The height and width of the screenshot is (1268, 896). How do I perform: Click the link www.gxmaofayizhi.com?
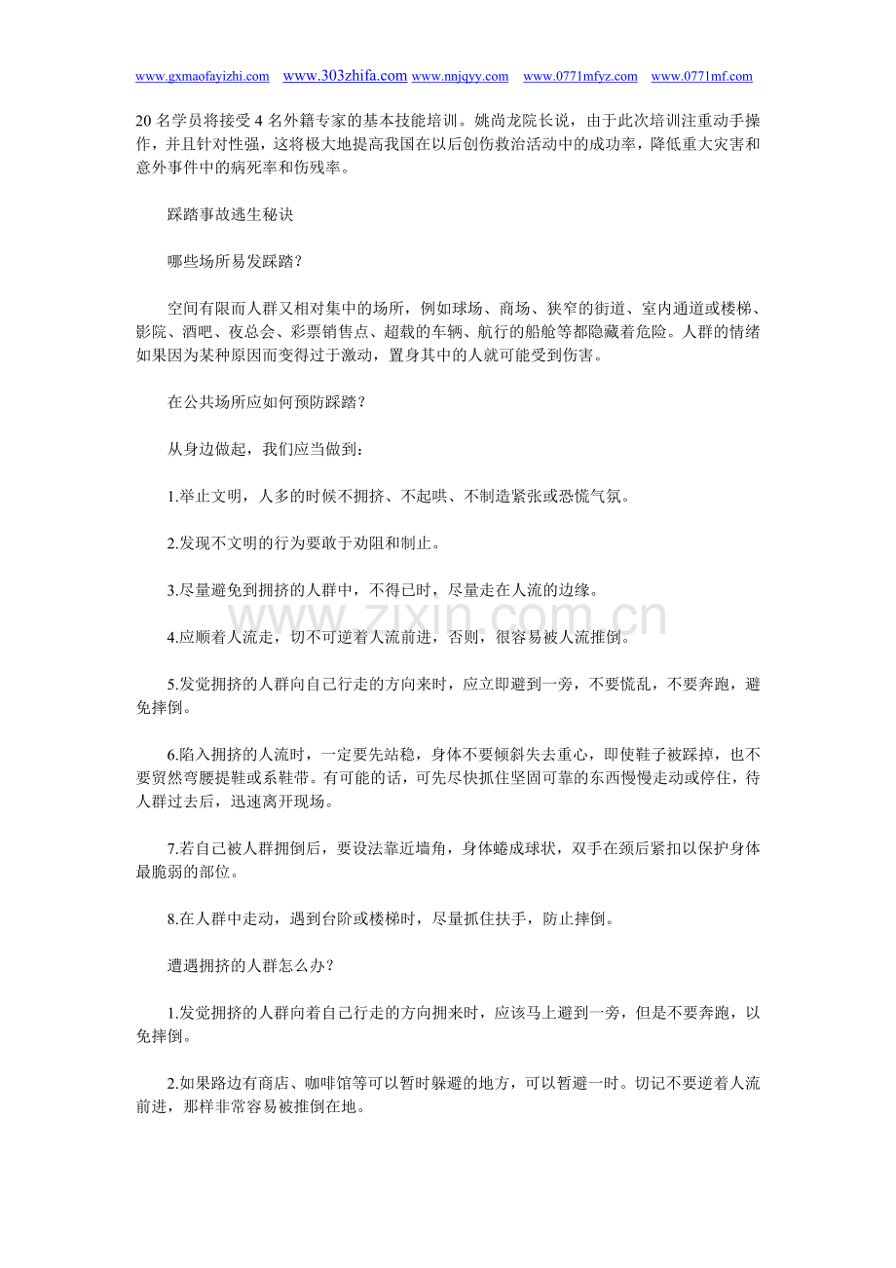202,77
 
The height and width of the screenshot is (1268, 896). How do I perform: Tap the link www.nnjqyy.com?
460,77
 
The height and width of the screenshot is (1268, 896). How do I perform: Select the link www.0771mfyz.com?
580,77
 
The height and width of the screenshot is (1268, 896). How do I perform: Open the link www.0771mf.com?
701,77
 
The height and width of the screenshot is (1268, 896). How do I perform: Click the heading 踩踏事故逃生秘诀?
230,215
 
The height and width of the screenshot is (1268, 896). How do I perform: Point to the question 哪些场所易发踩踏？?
235,261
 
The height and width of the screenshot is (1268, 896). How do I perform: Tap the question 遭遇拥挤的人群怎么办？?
250,965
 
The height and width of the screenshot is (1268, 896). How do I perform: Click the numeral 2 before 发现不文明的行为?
171,543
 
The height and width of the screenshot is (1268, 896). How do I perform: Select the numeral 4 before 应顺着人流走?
171,638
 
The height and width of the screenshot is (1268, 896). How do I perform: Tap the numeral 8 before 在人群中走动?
171,918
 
